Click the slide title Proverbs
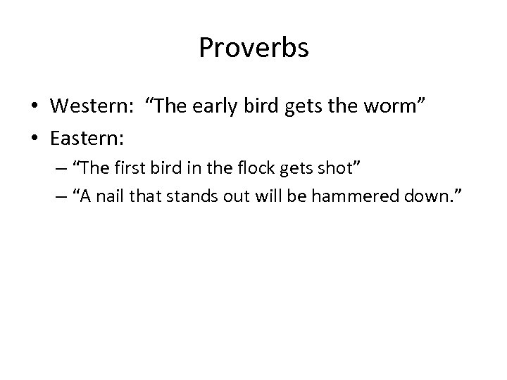(254, 48)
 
